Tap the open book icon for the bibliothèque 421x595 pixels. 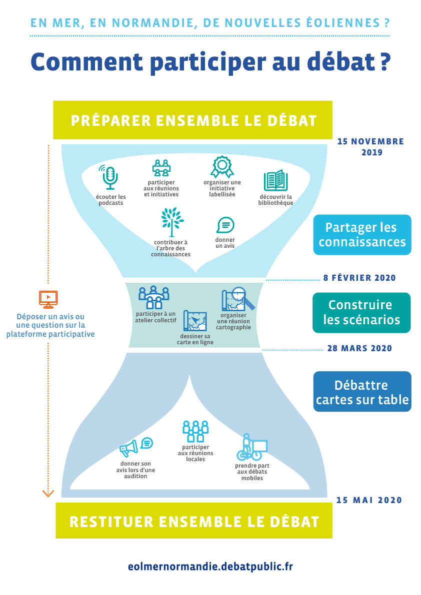click(x=275, y=180)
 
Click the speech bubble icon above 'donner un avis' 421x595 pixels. click(x=225, y=225)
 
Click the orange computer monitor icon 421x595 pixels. click(x=48, y=299)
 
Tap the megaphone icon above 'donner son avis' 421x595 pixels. click(x=129, y=448)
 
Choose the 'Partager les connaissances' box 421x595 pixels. click(x=362, y=235)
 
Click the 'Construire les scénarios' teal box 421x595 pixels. click(x=361, y=312)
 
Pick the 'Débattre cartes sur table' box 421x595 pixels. click(x=362, y=392)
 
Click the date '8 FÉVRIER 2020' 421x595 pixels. click(x=359, y=278)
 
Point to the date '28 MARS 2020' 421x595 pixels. click(x=359, y=348)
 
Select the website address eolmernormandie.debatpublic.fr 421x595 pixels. click(x=210, y=567)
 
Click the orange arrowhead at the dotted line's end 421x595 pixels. click(x=48, y=494)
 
